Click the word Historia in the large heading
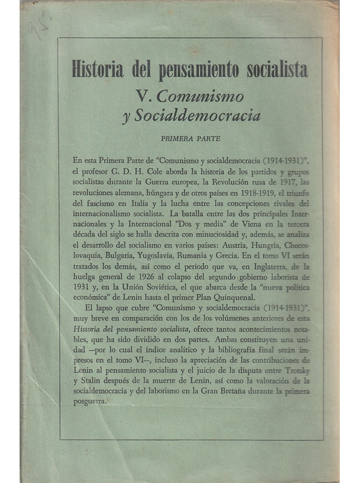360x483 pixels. coord(99,69)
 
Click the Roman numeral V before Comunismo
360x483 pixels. coord(142,97)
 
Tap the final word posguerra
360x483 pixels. coord(88,414)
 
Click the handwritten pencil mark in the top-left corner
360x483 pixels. coord(42,27)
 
